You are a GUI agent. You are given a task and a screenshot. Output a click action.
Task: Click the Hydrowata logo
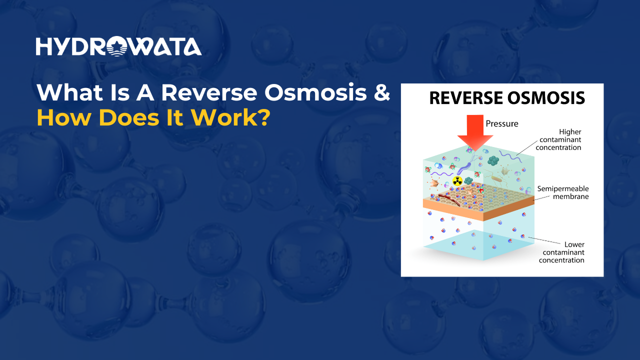click(x=118, y=46)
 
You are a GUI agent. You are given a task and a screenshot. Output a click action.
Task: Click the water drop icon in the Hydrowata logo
click(x=118, y=46)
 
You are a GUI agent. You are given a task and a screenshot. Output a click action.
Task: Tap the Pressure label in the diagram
click(x=502, y=123)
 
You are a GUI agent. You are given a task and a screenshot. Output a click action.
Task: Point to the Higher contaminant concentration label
click(x=560, y=139)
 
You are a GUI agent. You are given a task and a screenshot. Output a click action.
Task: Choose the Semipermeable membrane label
click(x=563, y=192)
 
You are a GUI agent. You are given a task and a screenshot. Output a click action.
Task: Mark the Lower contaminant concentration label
click(x=561, y=252)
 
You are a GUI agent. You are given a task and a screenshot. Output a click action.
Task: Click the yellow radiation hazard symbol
click(x=457, y=180)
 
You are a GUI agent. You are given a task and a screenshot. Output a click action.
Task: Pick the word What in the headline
click(x=67, y=92)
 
